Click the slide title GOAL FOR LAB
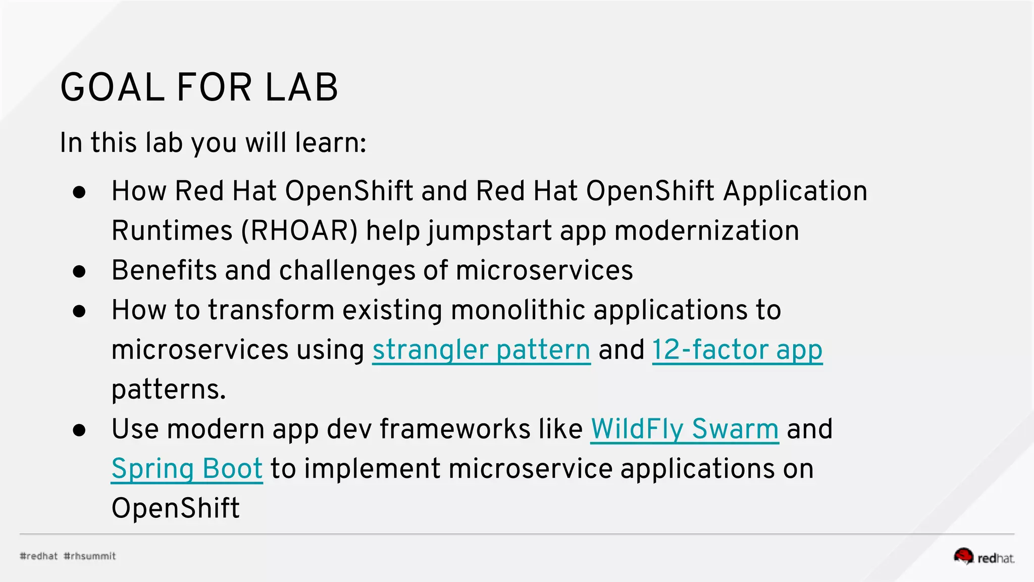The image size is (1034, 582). click(x=199, y=87)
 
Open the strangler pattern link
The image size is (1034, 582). click(x=481, y=350)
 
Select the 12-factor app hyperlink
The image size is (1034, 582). click(x=737, y=350)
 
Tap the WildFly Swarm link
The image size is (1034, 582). click(x=685, y=429)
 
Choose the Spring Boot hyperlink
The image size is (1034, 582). click(x=187, y=468)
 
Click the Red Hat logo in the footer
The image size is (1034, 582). click(x=984, y=556)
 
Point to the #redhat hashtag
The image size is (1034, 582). click(x=39, y=556)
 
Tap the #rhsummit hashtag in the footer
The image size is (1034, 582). click(x=90, y=556)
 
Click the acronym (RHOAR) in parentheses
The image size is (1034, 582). click(x=299, y=231)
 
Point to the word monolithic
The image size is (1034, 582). click(x=518, y=310)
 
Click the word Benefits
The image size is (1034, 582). click(x=164, y=270)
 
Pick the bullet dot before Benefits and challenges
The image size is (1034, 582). click(x=79, y=271)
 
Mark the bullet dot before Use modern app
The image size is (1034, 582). click(x=79, y=430)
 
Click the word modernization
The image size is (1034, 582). click(x=707, y=231)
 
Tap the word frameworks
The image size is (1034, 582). click(x=454, y=429)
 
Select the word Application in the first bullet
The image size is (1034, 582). click(x=795, y=191)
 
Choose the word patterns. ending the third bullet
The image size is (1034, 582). click(x=169, y=390)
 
